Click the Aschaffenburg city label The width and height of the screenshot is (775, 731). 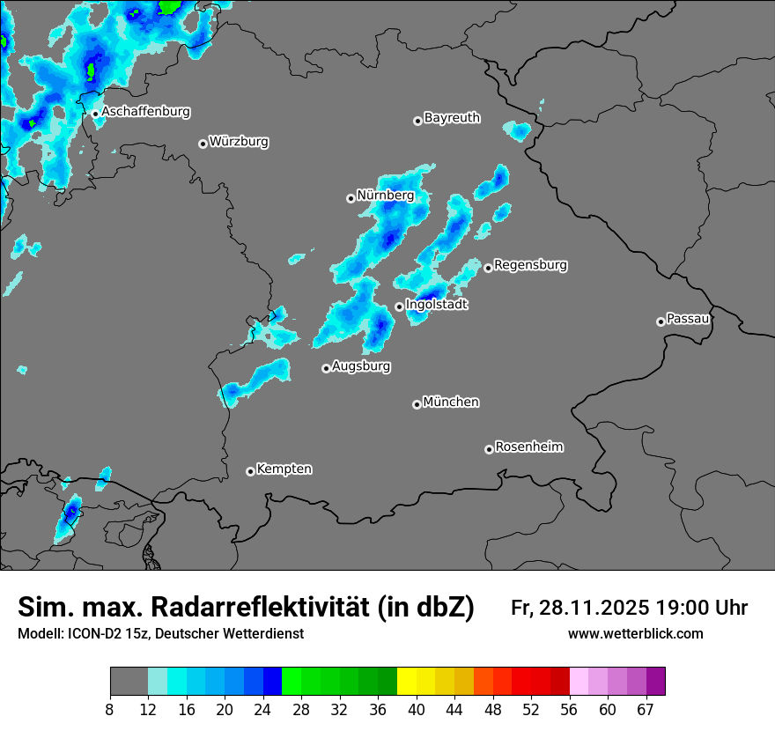click(145, 112)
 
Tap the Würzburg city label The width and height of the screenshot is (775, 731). click(239, 141)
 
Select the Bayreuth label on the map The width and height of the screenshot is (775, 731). click(452, 117)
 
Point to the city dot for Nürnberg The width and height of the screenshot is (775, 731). click(351, 198)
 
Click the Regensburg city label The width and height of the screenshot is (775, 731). click(530, 264)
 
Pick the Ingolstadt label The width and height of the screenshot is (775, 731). click(437, 305)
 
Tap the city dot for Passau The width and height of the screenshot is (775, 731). click(661, 321)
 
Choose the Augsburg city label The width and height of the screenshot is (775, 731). click(361, 365)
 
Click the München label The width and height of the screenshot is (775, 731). click(451, 402)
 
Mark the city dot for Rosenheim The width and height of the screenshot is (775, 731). click(489, 449)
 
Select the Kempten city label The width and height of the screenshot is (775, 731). click(284, 469)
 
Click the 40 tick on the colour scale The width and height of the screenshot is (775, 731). click(417, 710)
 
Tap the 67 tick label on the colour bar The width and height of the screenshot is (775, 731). click(646, 710)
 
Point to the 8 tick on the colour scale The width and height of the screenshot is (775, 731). click(110, 710)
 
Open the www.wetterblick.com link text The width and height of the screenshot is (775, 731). click(635, 633)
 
